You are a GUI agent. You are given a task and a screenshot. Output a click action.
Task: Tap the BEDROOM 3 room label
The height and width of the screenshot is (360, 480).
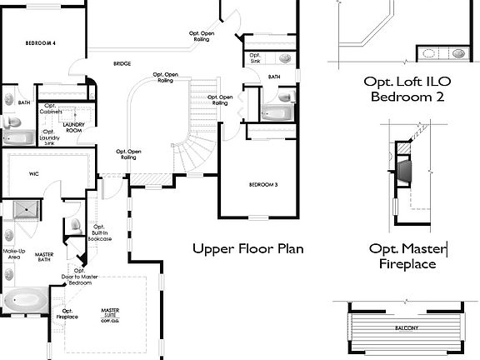263,184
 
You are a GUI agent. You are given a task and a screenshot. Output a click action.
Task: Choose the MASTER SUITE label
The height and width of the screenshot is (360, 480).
110,316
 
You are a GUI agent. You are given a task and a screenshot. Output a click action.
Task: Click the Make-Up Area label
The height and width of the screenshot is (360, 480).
13,253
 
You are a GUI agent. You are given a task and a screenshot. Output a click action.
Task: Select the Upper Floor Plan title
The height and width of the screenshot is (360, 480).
247,248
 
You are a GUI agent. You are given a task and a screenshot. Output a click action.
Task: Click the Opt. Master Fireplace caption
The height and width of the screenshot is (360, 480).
408,256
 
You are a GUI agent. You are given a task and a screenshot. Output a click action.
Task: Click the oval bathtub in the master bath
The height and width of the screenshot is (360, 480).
26,299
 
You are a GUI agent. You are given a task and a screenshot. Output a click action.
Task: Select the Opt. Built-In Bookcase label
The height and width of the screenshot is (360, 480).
99,232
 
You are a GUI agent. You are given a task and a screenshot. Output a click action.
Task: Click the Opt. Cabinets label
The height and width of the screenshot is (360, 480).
51,108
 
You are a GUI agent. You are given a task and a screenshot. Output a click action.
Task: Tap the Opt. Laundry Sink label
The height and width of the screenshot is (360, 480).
49,137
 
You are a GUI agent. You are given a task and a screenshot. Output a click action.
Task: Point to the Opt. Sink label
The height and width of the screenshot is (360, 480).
255,58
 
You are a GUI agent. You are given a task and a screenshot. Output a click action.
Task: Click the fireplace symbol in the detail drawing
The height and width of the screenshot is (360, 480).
404,170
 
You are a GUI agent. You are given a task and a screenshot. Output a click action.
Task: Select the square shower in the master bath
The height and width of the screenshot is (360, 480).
27,210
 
